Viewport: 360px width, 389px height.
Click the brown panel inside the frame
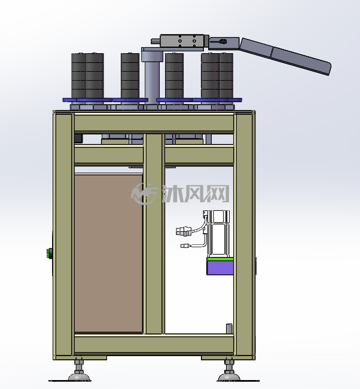pyautogui.click(x=108, y=253)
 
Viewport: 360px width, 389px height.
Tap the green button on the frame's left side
pyautogui.click(x=49, y=253)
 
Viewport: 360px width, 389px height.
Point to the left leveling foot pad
pyautogui.click(x=80, y=377)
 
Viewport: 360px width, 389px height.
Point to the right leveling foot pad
pyautogui.click(x=229, y=377)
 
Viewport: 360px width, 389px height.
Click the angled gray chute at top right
pyautogui.click(x=285, y=56)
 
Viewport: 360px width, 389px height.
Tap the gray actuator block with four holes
pyautogui.click(x=182, y=41)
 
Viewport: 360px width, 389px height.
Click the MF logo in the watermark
pyautogui.click(x=144, y=194)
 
